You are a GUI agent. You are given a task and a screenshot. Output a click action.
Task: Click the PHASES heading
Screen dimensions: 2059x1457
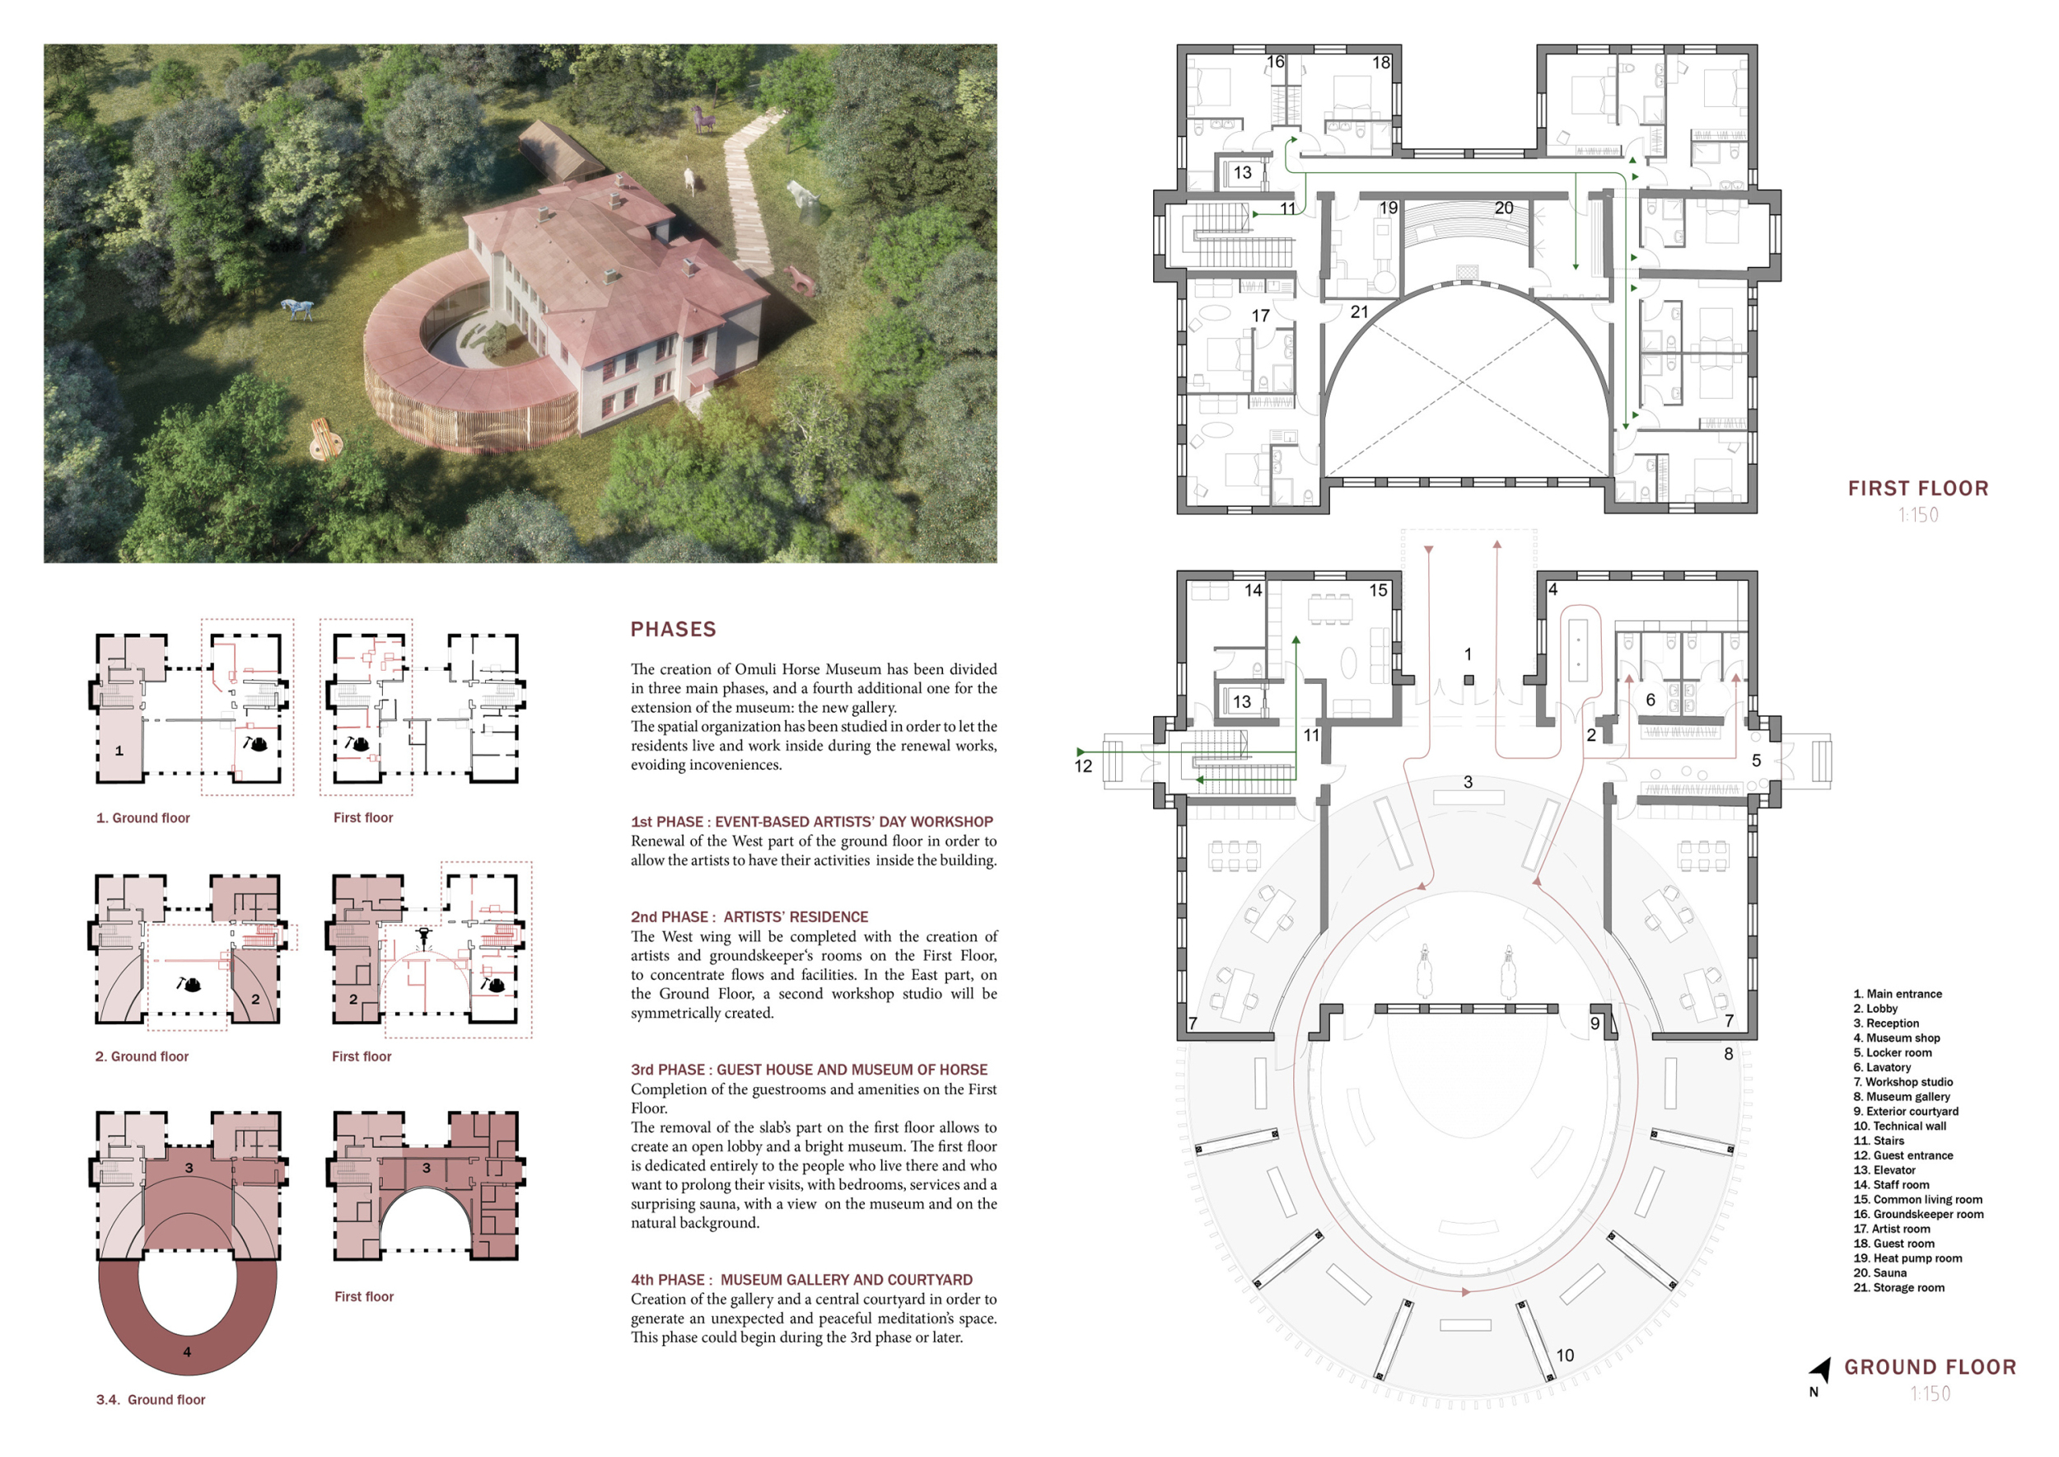coord(673,629)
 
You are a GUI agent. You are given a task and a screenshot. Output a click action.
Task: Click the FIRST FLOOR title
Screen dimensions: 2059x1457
coord(1918,488)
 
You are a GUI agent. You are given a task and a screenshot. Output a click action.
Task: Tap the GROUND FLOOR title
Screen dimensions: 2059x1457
coord(1930,1367)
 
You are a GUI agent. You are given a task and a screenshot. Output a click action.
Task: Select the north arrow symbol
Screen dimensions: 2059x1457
coord(1820,1370)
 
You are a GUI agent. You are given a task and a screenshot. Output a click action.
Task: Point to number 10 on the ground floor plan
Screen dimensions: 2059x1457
coord(1565,1355)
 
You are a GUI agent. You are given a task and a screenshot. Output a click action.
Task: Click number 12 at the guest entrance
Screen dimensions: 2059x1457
coord(1083,766)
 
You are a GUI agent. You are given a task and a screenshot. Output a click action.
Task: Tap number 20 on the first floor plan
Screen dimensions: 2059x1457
coord(1504,208)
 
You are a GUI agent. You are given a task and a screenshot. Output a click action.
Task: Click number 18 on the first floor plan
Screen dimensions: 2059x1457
coord(1381,63)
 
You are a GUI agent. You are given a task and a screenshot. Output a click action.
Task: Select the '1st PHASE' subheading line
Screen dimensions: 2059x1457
coord(811,822)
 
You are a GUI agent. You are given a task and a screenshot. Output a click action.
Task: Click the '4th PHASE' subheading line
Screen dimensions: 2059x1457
coord(801,1281)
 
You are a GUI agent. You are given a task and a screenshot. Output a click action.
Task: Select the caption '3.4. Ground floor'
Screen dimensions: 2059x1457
coord(151,1399)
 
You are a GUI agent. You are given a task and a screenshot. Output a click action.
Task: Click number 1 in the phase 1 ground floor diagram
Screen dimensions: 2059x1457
coord(119,751)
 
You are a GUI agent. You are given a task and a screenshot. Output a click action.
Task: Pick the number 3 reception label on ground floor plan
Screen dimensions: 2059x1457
coord(1468,782)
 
